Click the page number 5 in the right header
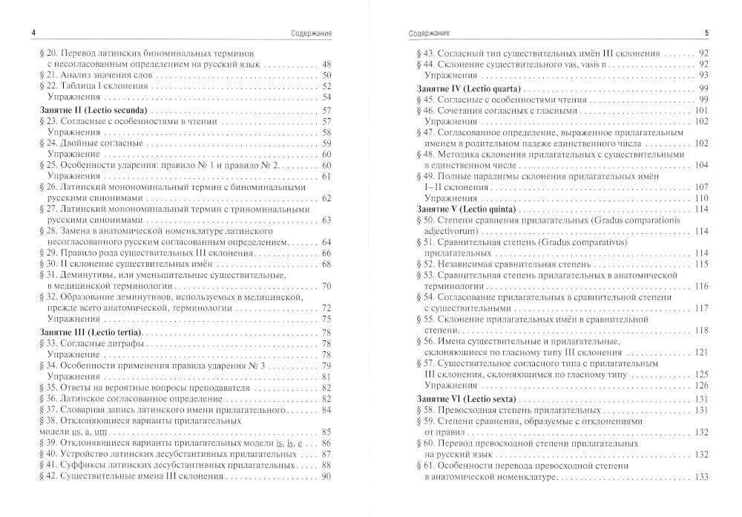pyautogui.click(x=706, y=33)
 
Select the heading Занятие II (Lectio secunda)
pyautogui.click(x=87, y=110)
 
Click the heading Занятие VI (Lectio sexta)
pyautogui.click(x=461, y=400)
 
